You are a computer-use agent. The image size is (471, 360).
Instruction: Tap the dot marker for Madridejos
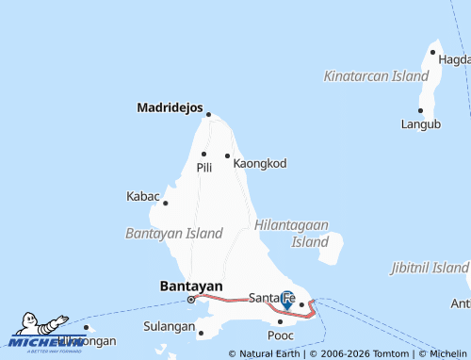pos(208,115)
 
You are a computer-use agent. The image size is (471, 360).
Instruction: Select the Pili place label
pos(204,167)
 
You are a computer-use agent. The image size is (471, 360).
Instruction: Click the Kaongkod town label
pos(259,163)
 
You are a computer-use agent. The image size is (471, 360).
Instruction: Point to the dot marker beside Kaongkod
pos(227,155)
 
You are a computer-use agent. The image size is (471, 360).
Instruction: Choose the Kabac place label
pos(143,196)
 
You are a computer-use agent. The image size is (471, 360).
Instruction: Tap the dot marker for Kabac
pos(165,203)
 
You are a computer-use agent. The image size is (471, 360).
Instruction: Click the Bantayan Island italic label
pos(174,233)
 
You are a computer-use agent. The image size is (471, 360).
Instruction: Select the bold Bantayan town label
pos(191,286)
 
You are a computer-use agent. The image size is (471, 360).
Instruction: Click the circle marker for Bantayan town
pos(191,299)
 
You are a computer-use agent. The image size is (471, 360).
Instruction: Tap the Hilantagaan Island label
pos(291,234)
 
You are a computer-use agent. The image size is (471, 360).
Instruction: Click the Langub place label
pos(421,123)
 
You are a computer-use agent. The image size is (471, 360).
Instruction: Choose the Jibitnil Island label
pos(430,268)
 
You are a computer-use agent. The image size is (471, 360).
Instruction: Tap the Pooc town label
pos(281,335)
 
